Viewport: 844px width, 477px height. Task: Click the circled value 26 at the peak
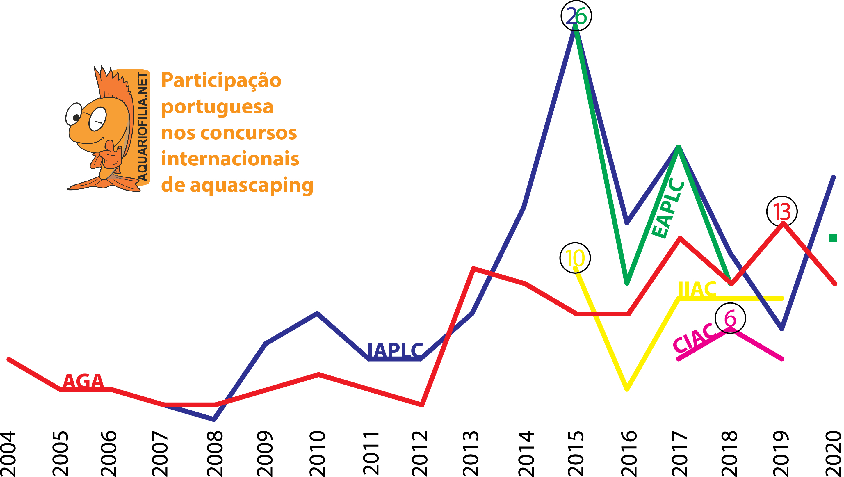(x=576, y=16)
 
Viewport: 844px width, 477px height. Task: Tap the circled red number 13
(x=782, y=212)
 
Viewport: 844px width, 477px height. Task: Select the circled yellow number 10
(x=575, y=258)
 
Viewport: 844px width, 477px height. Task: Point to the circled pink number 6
(x=730, y=318)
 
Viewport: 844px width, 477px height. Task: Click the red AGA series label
(x=83, y=381)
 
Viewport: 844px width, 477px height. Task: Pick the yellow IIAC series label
(x=697, y=289)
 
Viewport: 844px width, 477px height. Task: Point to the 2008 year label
(x=215, y=453)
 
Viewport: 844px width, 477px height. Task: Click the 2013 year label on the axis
(x=471, y=453)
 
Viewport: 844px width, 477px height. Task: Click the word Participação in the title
(x=222, y=80)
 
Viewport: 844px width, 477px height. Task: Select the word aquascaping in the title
(x=252, y=186)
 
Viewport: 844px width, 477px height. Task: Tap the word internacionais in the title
(x=230, y=159)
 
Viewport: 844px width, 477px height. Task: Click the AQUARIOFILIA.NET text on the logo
(x=143, y=127)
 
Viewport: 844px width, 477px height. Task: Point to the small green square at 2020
(x=833, y=238)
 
